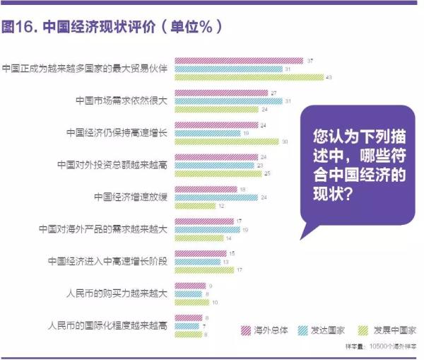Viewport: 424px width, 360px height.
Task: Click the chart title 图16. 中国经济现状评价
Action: point(113,28)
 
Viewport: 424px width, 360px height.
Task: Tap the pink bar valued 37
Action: point(240,61)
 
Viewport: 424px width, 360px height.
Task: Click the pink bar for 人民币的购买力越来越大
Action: point(182,285)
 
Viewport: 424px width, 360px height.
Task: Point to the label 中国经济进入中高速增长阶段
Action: point(108,261)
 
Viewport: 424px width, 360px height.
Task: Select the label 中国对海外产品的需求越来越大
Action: point(104,229)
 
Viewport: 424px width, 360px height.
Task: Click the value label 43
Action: point(329,76)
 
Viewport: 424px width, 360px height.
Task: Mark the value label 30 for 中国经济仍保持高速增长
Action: point(285,141)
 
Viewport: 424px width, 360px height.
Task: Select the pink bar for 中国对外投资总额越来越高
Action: point(214,157)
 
